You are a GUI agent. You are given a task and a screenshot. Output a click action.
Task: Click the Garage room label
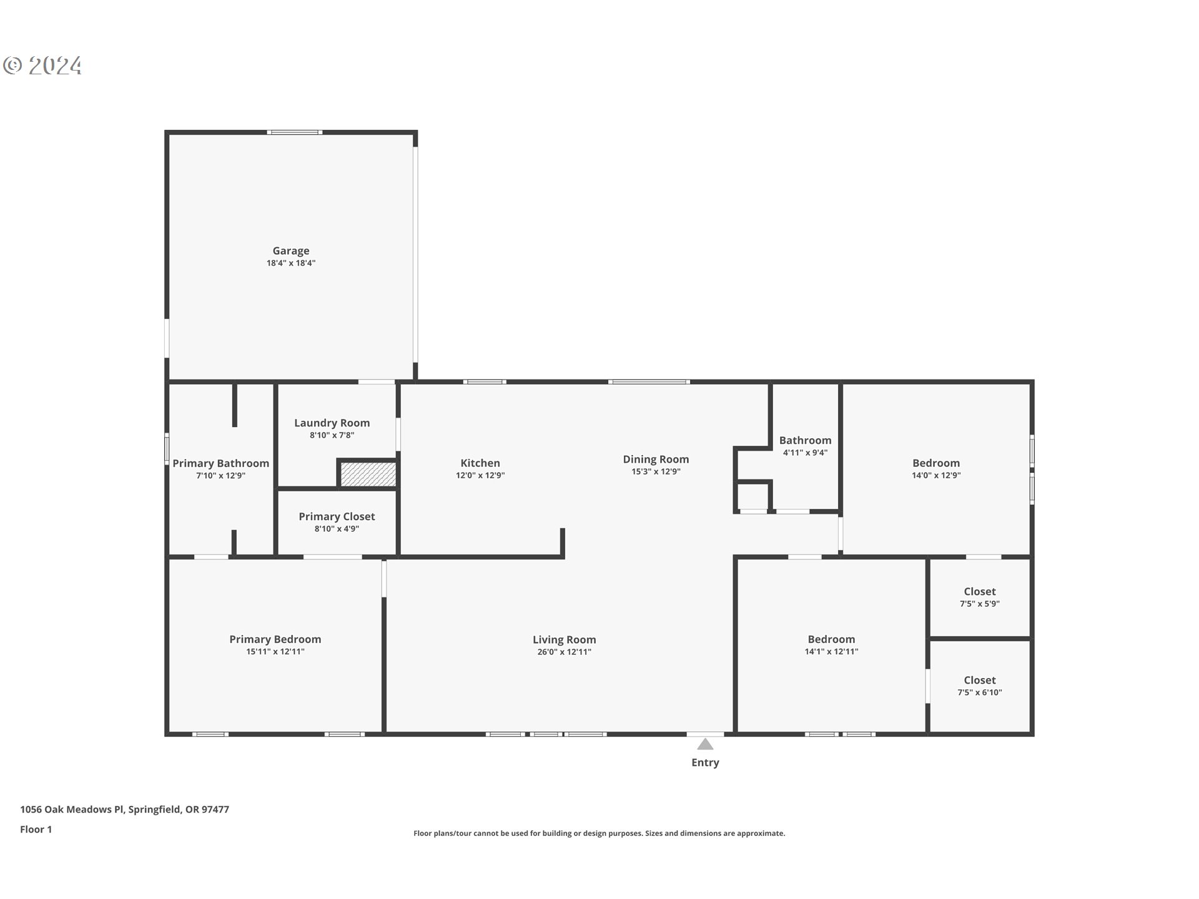click(x=290, y=251)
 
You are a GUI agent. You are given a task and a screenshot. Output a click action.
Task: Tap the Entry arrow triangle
click(x=705, y=744)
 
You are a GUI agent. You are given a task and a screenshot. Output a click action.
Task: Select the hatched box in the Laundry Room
click(x=368, y=474)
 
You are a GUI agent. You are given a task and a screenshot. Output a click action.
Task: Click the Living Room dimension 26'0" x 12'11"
click(x=564, y=652)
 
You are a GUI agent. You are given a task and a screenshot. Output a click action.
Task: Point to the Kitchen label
click(x=480, y=463)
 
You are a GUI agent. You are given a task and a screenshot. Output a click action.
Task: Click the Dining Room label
click(x=656, y=459)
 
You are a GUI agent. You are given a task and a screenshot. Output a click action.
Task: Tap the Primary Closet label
click(x=337, y=516)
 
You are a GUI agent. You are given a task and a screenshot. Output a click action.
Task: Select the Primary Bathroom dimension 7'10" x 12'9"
click(x=220, y=476)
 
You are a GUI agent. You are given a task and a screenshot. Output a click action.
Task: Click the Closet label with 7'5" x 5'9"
click(x=979, y=591)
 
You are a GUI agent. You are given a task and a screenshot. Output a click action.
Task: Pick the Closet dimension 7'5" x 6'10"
click(x=979, y=692)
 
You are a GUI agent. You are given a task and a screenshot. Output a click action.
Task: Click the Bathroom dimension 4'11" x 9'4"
click(x=805, y=453)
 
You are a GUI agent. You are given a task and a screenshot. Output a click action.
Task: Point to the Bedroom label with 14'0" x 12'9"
click(x=935, y=463)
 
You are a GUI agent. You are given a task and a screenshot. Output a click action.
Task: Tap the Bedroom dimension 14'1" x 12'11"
click(x=831, y=652)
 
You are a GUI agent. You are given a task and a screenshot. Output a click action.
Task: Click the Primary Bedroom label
click(x=275, y=639)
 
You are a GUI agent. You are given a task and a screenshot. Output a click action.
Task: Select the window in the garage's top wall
click(x=294, y=132)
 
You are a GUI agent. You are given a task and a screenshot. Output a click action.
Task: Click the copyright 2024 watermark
click(x=42, y=66)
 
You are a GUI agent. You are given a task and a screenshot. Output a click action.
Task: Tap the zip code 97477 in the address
click(x=215, y=810)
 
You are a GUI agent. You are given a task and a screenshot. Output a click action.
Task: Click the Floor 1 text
click(x=36, y=830)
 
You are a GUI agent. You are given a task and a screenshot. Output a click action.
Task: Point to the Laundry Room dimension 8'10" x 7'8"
click(x=332, y=435)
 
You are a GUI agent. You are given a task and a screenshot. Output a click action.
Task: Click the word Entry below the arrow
click(x=705, y=762)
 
